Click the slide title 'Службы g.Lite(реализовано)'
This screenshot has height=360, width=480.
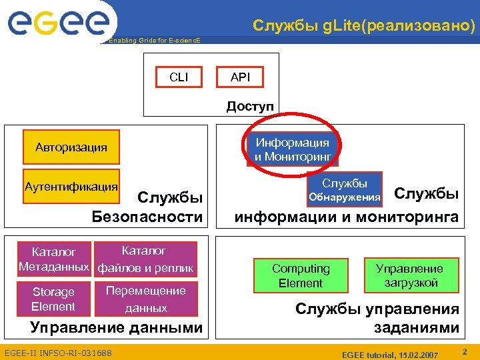[x=364, y=26]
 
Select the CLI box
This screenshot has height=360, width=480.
[x=179, y=77]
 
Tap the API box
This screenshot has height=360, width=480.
[x=240, y=77]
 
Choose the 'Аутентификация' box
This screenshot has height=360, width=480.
[x=71, y=188]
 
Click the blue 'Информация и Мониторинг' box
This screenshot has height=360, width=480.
[x=292, y=150]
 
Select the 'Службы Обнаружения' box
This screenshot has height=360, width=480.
[x=345, y=190]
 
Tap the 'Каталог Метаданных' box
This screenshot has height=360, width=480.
[x=54, y=259]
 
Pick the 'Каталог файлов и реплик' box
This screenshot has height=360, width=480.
[x=146, y=259]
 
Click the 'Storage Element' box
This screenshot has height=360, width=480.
[x=53, y=299]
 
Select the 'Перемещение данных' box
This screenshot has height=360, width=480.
[x=146, y=299]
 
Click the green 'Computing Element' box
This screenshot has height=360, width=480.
[x=301, y=276]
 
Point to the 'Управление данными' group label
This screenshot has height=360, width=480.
[x=117, y=327]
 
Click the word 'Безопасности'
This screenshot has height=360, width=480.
[x=147, y=217]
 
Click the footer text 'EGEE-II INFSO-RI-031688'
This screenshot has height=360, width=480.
[x=58, y=352]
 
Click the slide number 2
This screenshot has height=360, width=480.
[x=465, y=350]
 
